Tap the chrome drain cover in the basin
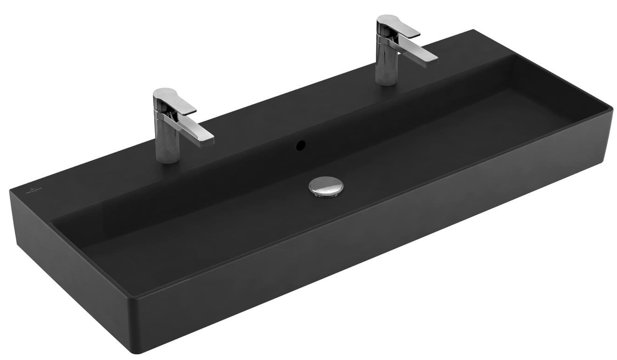tap(326, 186)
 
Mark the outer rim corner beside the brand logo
tap(11, 191)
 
